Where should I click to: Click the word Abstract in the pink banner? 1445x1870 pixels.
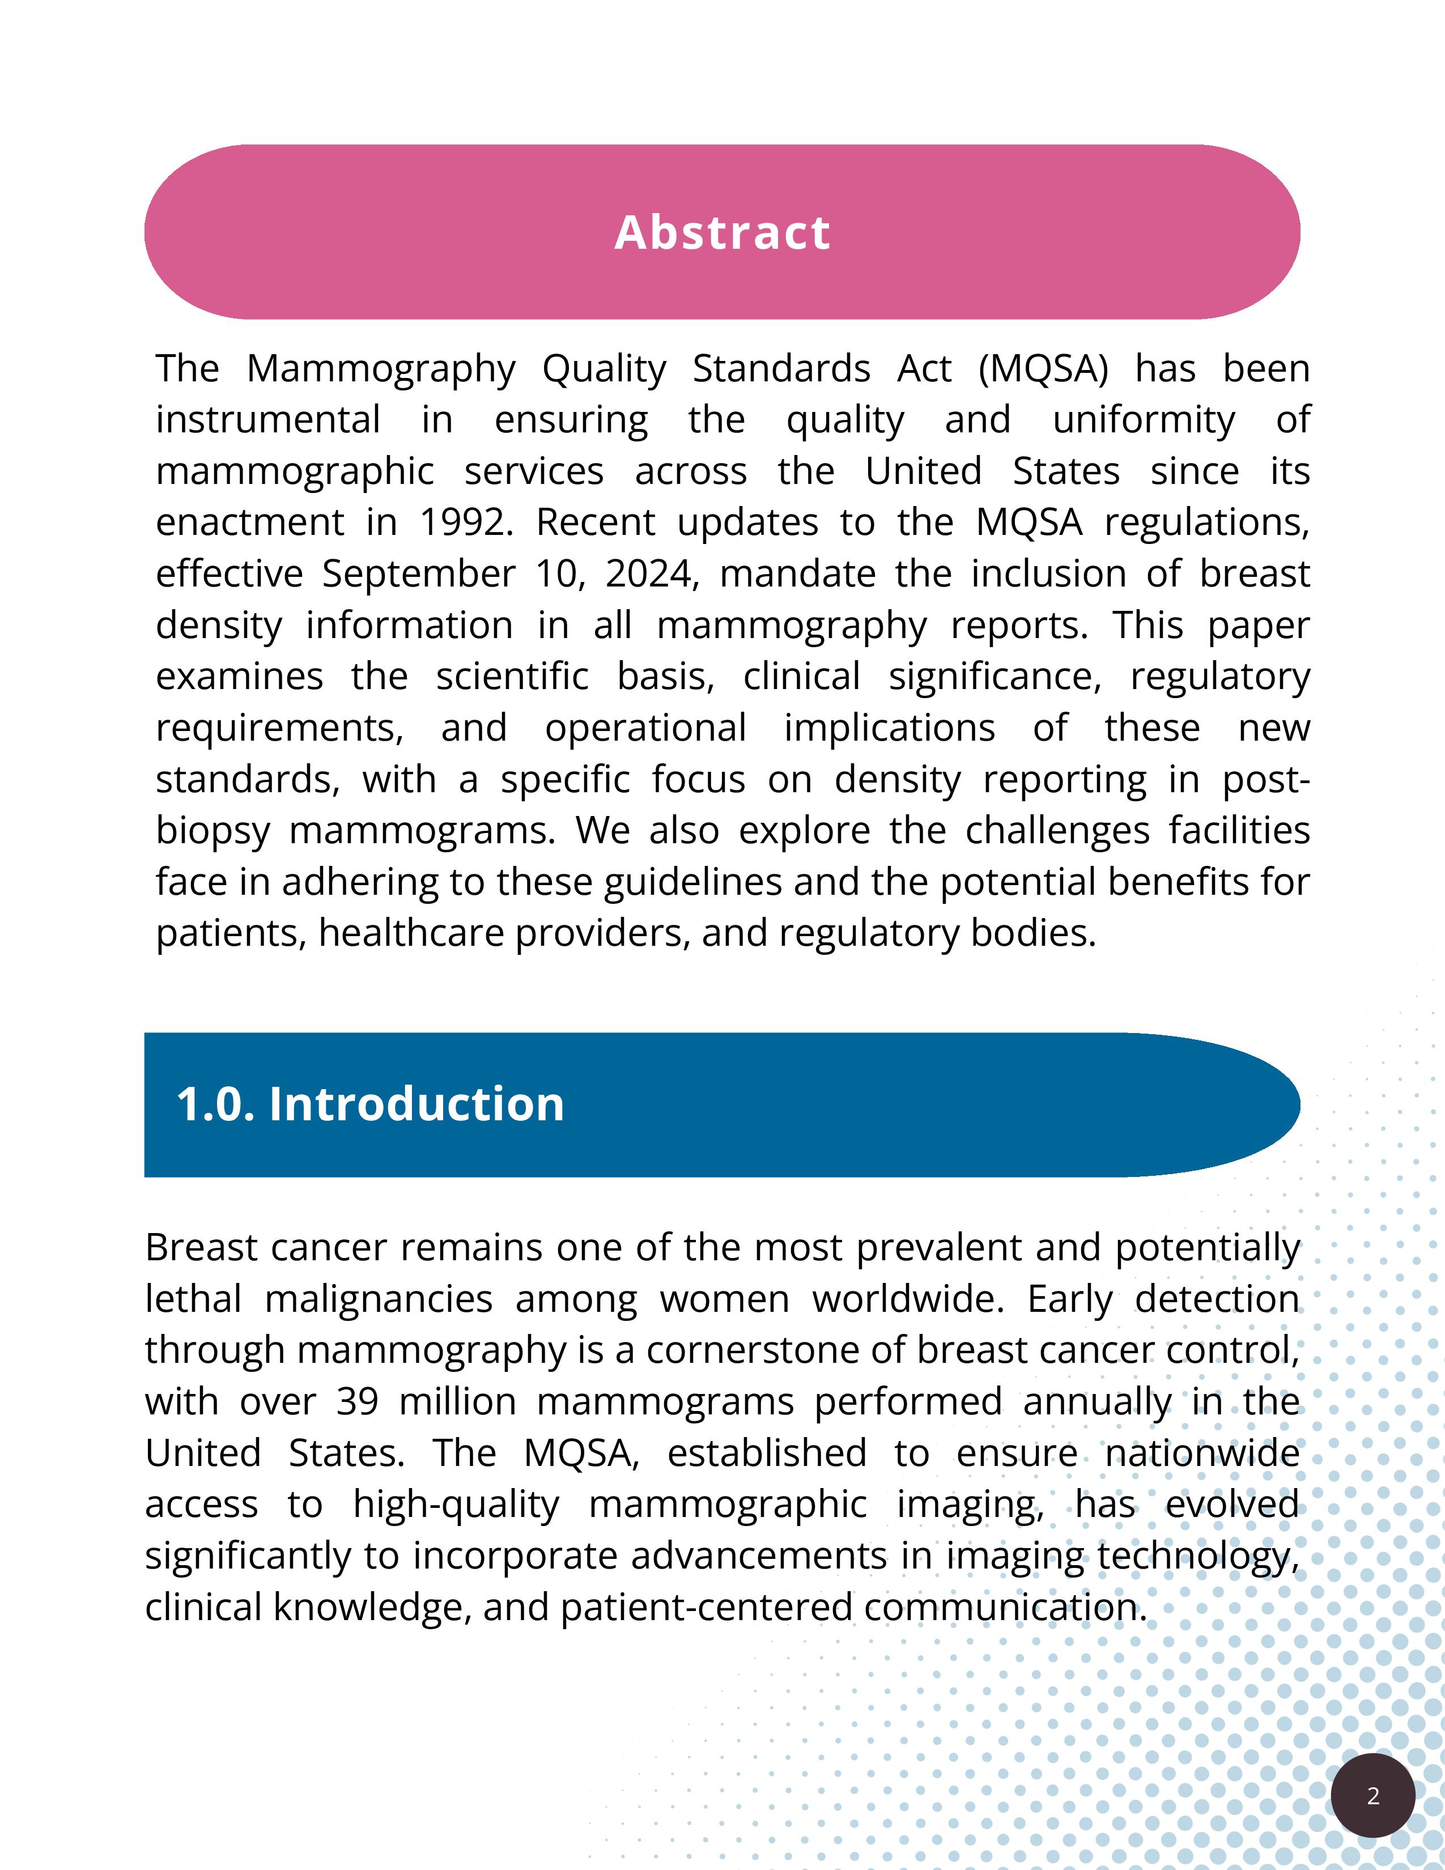point(721,233)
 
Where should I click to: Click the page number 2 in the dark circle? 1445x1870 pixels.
point(1373,1796)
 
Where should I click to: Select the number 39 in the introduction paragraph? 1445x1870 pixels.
point(357,1401)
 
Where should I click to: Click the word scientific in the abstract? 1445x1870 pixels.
point(512,677)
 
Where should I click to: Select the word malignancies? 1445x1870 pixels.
point(379,1299)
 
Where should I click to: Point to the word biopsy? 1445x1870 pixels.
point(213,831)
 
